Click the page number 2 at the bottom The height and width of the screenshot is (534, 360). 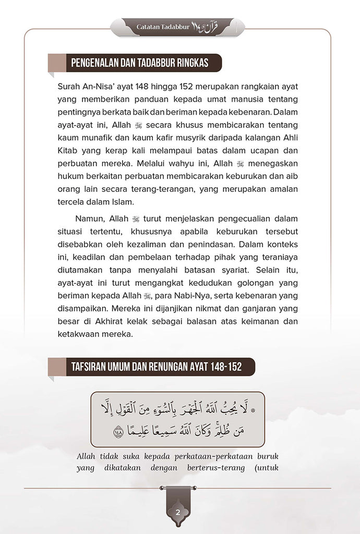tap(177, 512)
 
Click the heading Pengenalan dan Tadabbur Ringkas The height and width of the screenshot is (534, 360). tap(139, 64)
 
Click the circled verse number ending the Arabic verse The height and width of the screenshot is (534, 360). tap(117, 432)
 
